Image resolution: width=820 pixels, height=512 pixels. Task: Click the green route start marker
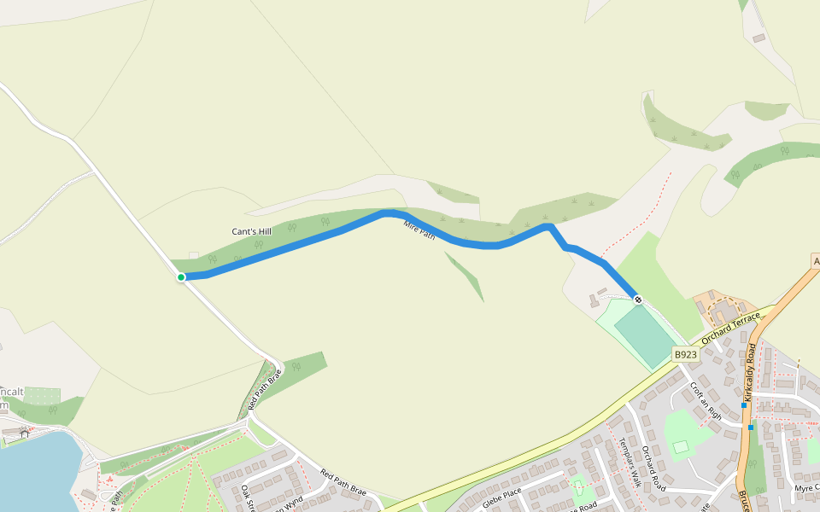181,277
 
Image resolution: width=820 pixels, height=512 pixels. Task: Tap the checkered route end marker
638,300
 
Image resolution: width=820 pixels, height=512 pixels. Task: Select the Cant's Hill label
251,231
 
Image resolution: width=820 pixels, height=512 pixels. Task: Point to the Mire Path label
419,230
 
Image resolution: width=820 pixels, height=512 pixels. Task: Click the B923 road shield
685,354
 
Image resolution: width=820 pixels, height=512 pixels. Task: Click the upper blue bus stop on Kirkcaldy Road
744,405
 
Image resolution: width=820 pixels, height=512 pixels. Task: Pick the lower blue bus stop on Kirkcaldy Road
751,427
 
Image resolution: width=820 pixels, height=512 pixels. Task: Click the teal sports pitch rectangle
643,335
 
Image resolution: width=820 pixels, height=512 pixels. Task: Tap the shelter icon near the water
24,433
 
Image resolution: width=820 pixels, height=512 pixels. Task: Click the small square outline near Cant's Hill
194,255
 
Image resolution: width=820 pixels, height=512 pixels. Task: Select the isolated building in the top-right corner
758,38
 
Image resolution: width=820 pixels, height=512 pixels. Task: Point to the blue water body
34,474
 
